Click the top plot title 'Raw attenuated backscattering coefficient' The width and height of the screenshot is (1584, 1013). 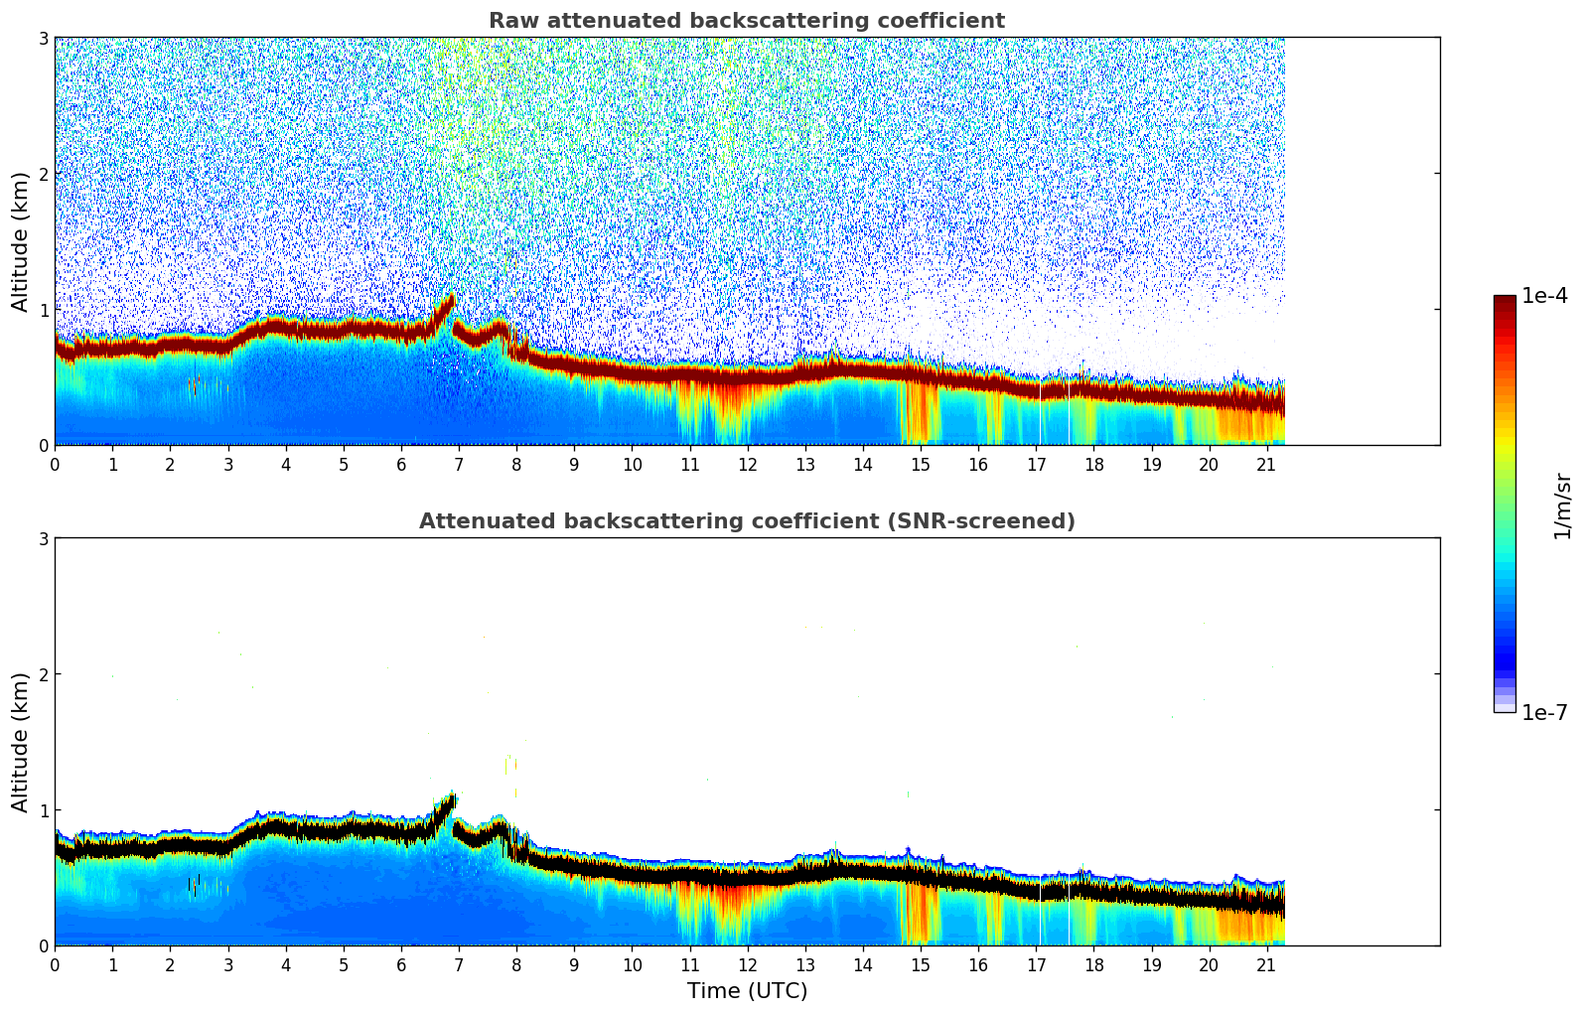[x=746, y=21]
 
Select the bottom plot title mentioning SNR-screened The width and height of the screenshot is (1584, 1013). [x=746, y=521]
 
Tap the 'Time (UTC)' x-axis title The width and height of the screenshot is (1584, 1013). [x=747, y=991]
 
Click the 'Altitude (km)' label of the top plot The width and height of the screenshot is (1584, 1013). [x=20, y=241]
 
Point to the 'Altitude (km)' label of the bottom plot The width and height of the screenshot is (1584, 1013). [x=20, y=742]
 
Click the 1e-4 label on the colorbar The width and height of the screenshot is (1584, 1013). [x=1544, y=296]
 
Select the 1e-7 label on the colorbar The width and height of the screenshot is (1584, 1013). [x=1544, y=712]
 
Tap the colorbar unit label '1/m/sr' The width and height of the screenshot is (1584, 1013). [x=1562, y=506]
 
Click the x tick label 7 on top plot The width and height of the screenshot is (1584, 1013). [x=459, y=464]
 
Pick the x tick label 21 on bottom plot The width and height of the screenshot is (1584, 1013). [x=1266, y=964]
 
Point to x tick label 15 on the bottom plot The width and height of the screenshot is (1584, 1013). [x=921, y=964]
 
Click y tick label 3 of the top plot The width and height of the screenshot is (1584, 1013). [x=43, y=39]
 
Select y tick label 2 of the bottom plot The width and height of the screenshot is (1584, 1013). [x=43, y=674]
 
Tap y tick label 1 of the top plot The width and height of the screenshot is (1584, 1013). [x=43, y=310]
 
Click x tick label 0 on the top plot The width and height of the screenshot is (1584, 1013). [x=55, y=464]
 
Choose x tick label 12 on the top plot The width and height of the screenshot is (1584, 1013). [x=747, y=464]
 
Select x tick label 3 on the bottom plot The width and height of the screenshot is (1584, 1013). [x=227, y=964]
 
